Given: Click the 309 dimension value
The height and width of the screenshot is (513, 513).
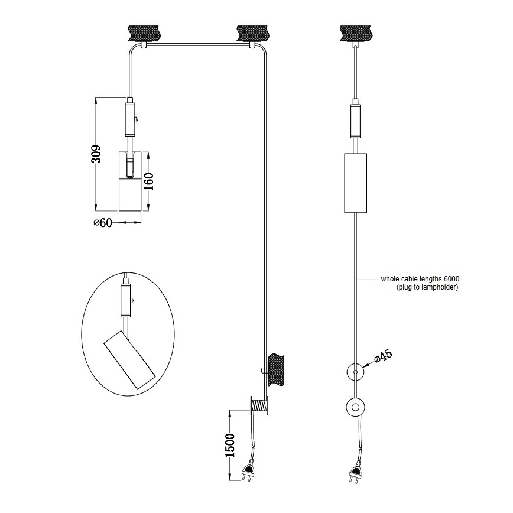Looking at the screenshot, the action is [x=96, y=154].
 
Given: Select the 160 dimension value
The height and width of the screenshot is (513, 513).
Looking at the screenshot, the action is [x=149, y=181].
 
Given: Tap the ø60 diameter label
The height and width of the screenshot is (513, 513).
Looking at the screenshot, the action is [x=102, y=223].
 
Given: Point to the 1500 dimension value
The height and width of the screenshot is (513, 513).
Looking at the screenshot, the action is [x=230, y=445].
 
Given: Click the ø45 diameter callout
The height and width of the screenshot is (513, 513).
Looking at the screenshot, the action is [x=383, y=356].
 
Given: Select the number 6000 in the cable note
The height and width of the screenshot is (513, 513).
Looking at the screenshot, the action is [x=452, y=279].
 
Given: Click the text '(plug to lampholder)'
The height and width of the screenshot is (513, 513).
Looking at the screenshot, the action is [x=427, y=287].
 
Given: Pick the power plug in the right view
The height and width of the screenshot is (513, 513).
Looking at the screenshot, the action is [x=355, y=472].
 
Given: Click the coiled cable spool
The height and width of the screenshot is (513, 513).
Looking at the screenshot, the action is [x=259, y=405].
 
